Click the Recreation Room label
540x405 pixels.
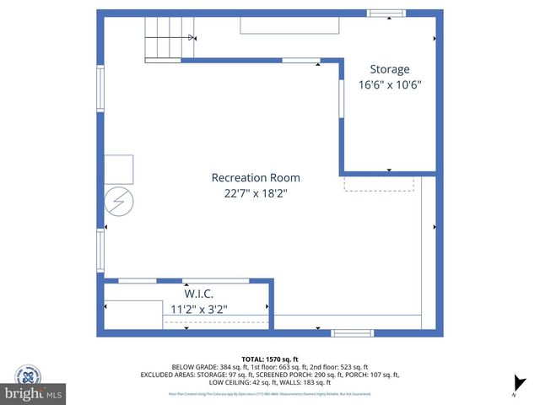click(x=255, y=178)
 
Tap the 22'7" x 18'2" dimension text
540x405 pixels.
click(x=255, y=192)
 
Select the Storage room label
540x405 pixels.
click(x=390, y=69)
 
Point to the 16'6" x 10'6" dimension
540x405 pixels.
click(x=390, y=84)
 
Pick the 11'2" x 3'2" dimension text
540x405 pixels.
click(x=198, y=309)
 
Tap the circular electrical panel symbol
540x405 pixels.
click(x=119, y=202)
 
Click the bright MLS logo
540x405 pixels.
click(x=34, y=393)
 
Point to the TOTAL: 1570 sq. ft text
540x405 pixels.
click(x=270, y=359)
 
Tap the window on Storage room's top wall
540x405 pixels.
click(x=386, y=13)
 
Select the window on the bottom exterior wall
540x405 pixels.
click(x=352, y=332)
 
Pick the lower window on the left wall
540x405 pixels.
click(x=100, y=251)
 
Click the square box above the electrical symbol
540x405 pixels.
click(x=119, y=169)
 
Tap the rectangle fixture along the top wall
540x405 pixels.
click(x=289, y=25)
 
